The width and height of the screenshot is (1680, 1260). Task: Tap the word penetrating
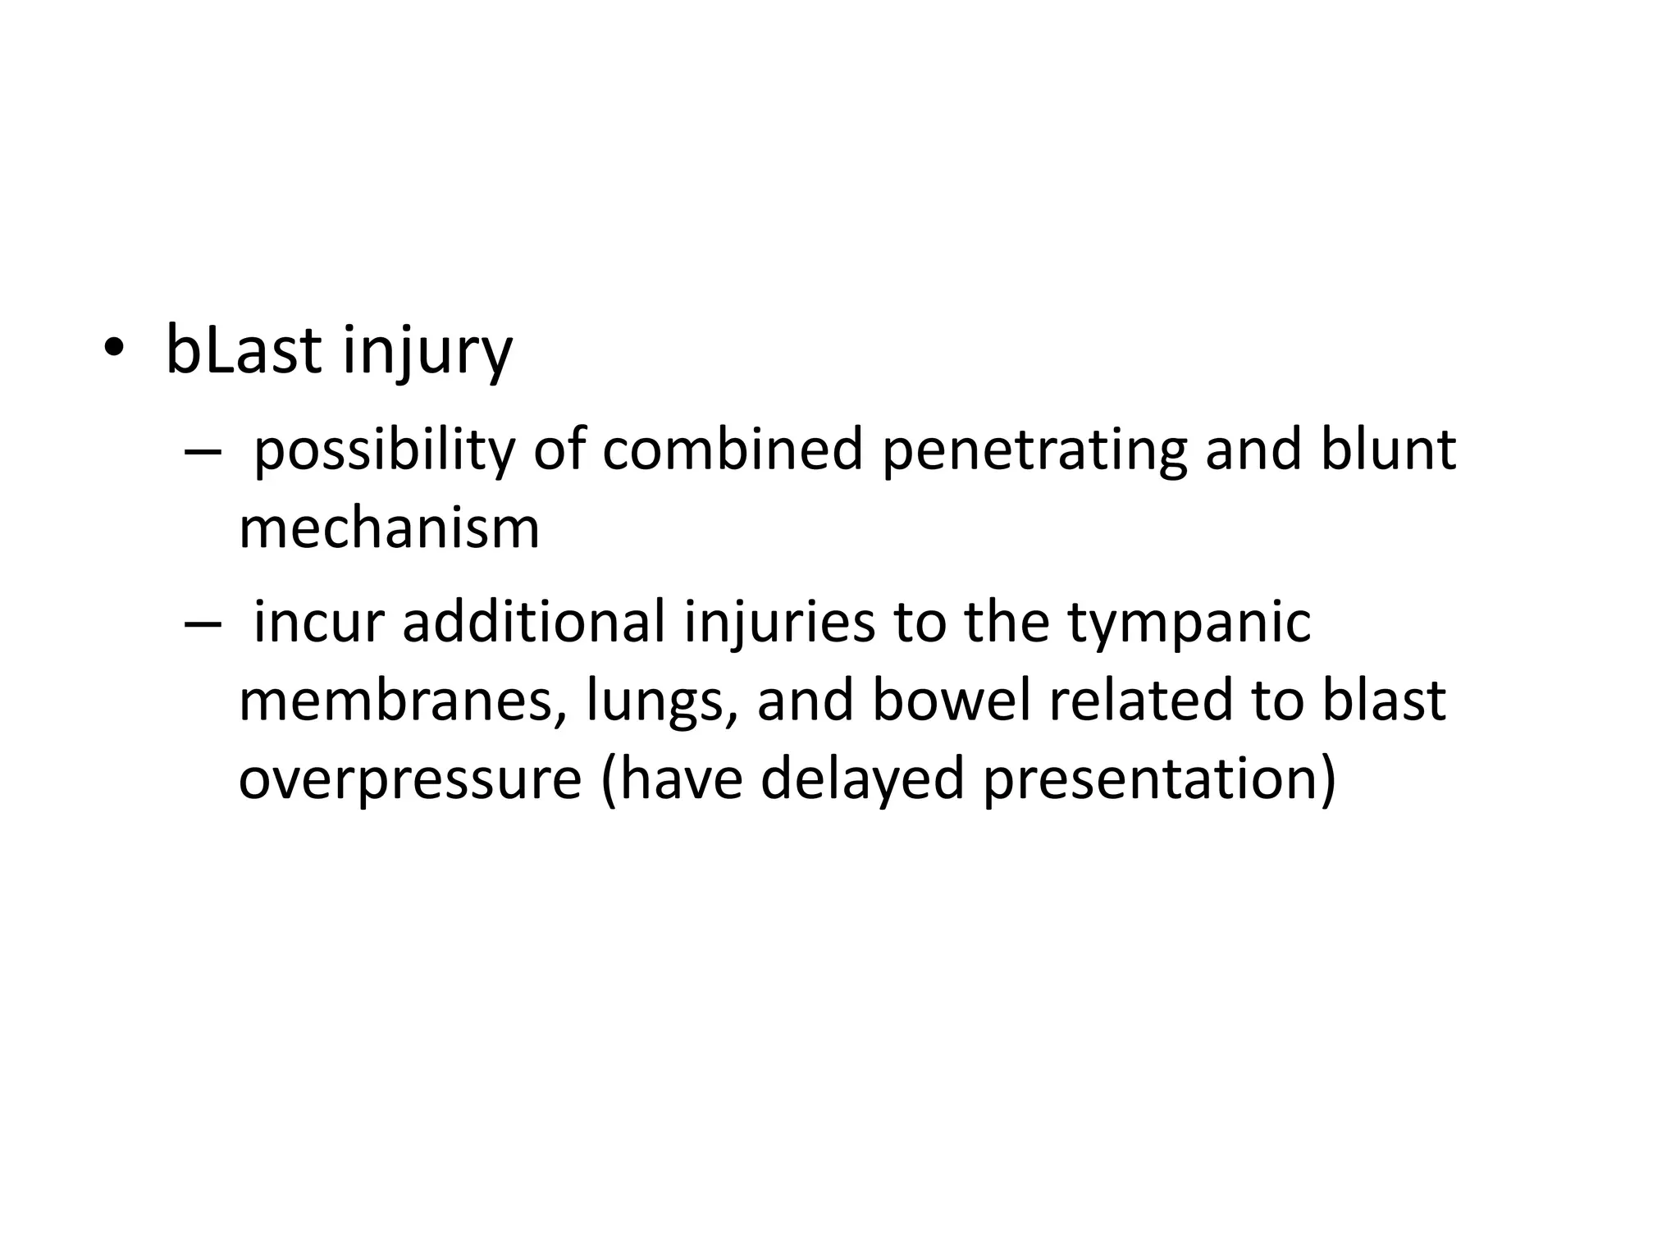point(1034,451)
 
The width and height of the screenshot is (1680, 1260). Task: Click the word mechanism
point(389,528)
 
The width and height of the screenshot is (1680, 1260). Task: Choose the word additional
point(533,620)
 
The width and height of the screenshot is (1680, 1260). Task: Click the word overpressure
point(409,779)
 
